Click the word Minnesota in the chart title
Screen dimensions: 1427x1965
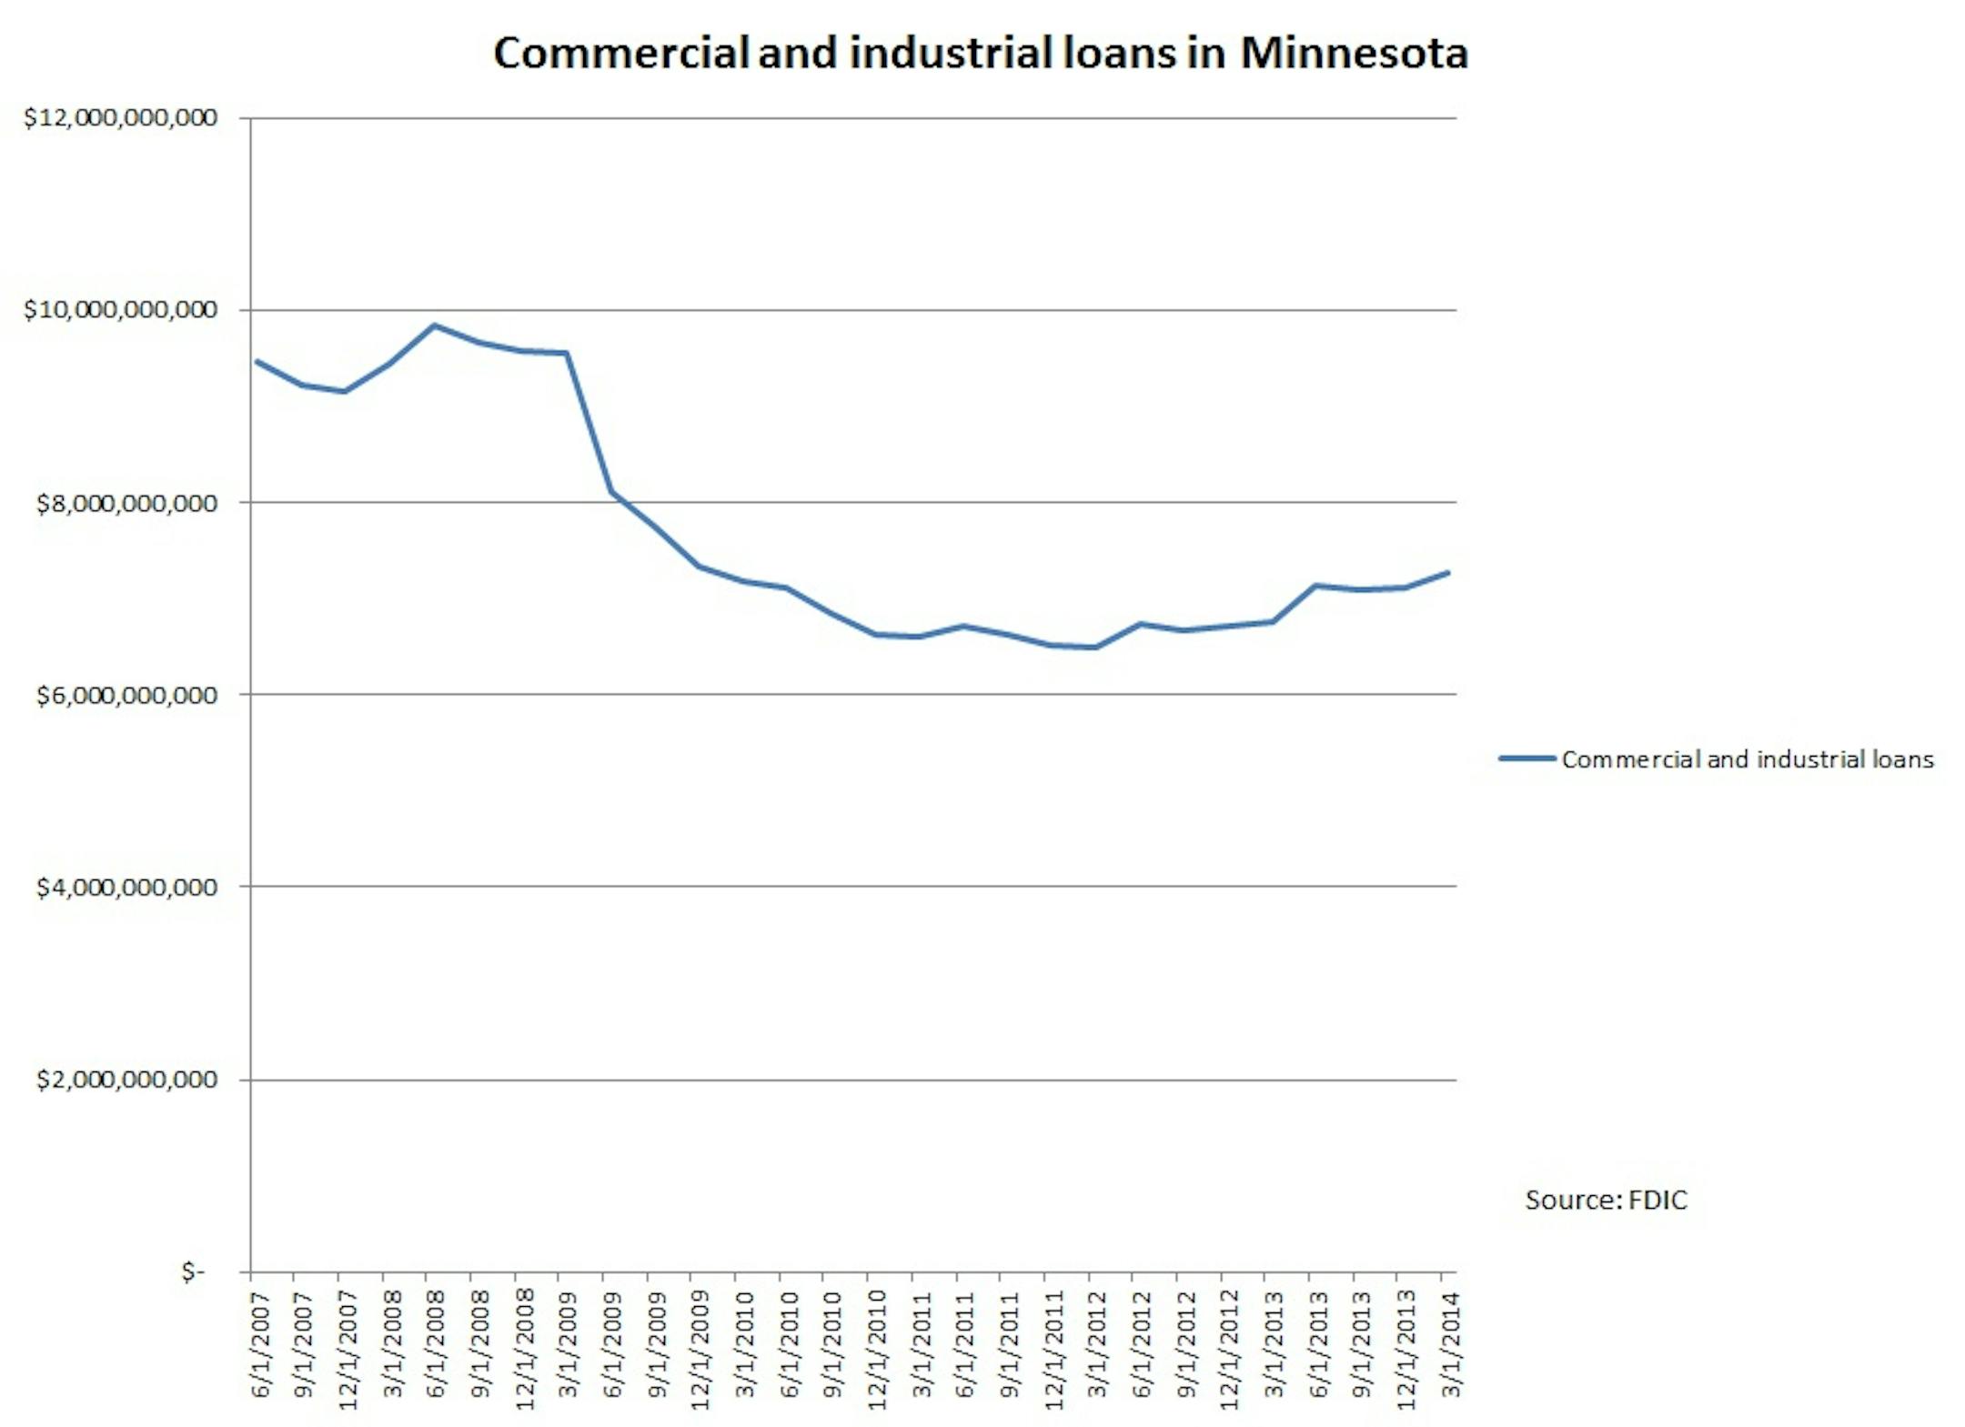tap(1354, 53)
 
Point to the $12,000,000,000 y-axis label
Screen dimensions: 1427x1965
tap(120, 117)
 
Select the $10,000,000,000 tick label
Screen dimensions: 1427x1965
tap(120, 309)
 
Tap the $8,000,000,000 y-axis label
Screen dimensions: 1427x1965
tap(126, 502)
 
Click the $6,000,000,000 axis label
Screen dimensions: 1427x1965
tap(126, 695)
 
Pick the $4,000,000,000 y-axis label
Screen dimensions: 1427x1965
tap(126, 887)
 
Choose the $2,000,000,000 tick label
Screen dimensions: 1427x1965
tap(126, 1080)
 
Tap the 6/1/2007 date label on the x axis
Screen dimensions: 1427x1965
tap(260, 1344)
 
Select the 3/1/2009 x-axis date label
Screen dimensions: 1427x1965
tap(569, 1344)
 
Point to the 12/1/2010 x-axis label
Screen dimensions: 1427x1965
tap(876, 1350)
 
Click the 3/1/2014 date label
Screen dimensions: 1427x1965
tap(1451, 1344)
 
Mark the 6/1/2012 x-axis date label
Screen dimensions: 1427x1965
tap(1141, 1344)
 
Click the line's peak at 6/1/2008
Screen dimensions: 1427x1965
tap(435, 325)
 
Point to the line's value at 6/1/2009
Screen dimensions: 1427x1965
tap(613, 492)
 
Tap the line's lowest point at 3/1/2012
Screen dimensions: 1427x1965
tap(1096, 648)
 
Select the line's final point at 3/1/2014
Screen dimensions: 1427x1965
tap(1447, 572)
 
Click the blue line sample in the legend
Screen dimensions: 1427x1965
tap(1527, 759)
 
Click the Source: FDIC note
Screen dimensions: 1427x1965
tap(1606, 1200)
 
